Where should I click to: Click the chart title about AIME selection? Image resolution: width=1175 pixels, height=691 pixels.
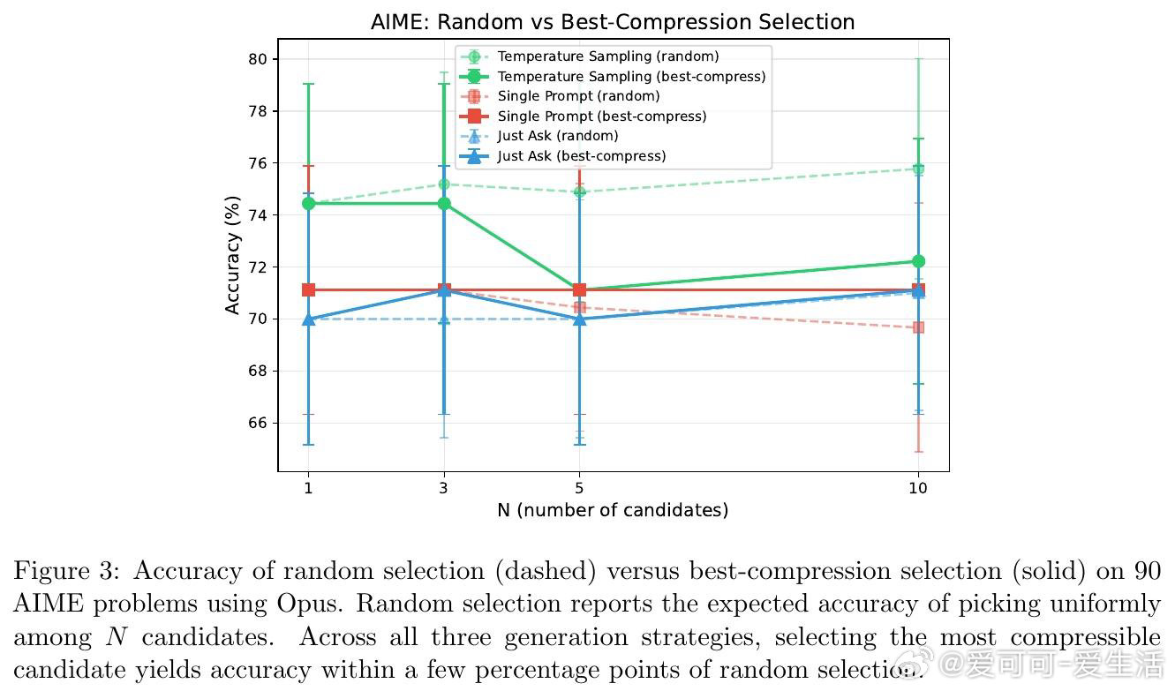(613, 22)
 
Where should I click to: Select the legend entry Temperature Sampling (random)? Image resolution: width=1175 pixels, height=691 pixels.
(607, 56)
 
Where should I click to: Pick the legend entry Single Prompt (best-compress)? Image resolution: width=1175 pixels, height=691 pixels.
(601, 116)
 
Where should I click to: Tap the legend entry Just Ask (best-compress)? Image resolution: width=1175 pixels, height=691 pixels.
(581, 156)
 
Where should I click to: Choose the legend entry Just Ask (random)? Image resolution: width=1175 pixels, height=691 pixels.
(557, 136)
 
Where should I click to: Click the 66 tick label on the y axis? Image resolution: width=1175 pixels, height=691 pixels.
(259, 423)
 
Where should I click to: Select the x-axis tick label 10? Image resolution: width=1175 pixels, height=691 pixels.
(918, 487)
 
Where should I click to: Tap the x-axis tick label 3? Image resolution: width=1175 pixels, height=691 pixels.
(443, 487)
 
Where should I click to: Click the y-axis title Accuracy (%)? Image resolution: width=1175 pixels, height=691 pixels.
(232, 260)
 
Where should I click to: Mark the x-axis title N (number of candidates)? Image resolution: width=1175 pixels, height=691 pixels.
(613, 510)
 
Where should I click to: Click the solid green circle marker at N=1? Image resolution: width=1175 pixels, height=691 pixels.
(308, 203)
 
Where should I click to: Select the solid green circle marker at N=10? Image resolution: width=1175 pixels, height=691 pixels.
(918, 261)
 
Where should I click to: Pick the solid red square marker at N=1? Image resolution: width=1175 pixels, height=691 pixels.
(308, 289)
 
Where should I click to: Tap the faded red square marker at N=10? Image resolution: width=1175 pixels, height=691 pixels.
(918, 327)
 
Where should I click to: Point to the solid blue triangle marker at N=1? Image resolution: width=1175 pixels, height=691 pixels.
(308, 319)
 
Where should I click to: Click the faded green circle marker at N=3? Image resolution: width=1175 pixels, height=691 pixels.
(444, 184)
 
